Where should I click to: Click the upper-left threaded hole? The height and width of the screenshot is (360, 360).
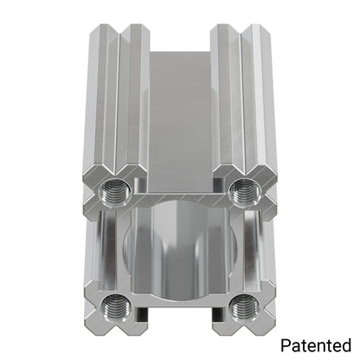pos(115,192)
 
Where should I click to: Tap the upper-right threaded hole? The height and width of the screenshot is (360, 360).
pos(245,192)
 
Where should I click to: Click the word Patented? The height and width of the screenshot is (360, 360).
pos(316,345)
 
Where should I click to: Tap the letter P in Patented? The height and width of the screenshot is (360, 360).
pos(286,345)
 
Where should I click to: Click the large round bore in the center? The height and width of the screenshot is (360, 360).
pos(180,251)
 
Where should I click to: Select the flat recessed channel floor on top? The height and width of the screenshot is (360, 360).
pos(180,121)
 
